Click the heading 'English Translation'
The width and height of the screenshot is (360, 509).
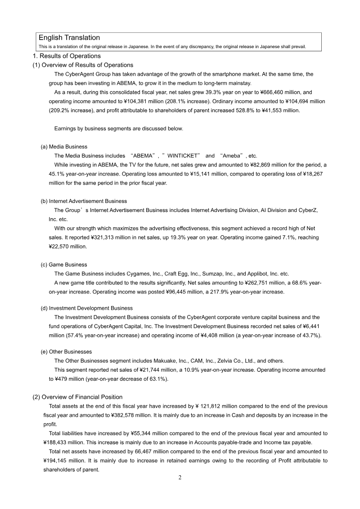click(69, 38)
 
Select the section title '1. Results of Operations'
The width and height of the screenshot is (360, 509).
click(67, 56)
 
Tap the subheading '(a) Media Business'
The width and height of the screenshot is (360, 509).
click(64, 147)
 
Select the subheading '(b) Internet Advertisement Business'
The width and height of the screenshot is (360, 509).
click(84, 201)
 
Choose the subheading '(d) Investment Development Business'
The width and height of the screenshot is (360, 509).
click(86, 308)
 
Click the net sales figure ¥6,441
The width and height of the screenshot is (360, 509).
click(311, 326)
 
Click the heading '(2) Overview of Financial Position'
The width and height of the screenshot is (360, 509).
click(77, 397)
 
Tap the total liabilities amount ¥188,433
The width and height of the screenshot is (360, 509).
click(57, 442)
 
